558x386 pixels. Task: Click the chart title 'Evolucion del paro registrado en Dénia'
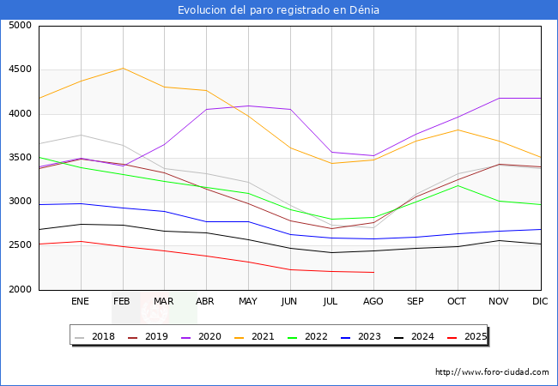tap(278, 10)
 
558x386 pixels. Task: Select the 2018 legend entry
tap(95, 336)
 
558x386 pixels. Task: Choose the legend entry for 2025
tap(470, 336)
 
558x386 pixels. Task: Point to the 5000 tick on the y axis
tap(21, 26)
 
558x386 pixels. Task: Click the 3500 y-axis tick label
tap(21, 158)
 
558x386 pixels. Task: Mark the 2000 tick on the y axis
tap(21, 290)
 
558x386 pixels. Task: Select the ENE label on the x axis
tap(81, 302)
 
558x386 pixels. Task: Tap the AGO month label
tap(373, 302)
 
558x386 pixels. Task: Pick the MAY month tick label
tap(248, 302)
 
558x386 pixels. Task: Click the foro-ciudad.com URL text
tap(492, 372)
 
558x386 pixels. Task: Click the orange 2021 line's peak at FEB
tap(123, 68)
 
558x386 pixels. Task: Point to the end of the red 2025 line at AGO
tap(373, 272)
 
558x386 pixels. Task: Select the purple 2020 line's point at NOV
tap(499, 99)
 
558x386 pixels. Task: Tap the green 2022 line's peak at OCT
tap(458, 185)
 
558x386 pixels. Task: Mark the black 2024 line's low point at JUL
tap(331, 252)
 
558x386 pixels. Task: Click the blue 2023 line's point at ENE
tap(81, 203)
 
